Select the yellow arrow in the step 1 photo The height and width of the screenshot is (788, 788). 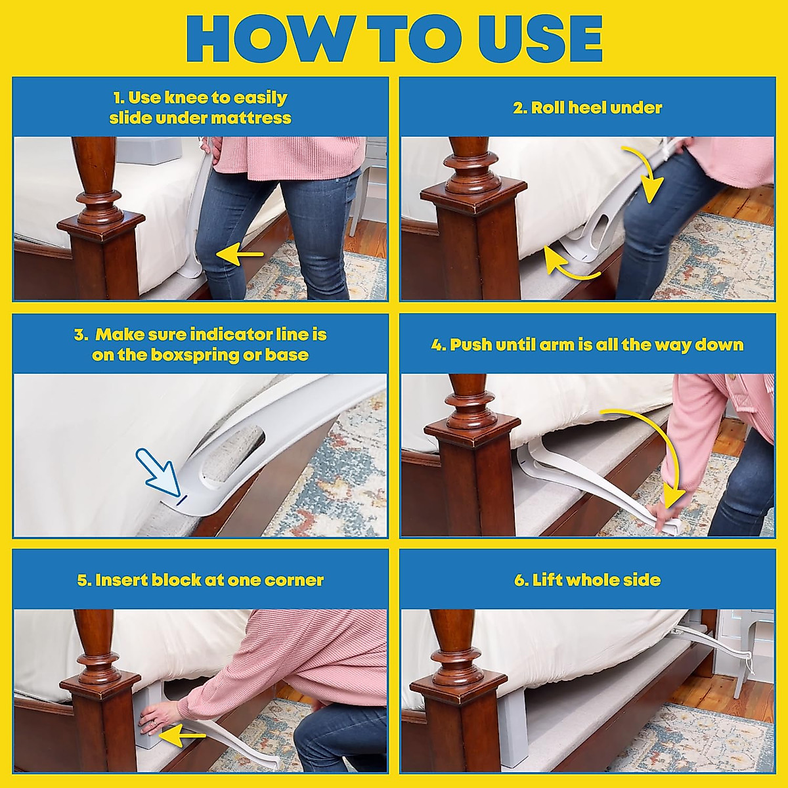pyautogui.click(x=240, y=255)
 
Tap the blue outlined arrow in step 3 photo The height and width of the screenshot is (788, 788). pyautogui.click(x=158, y=472)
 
